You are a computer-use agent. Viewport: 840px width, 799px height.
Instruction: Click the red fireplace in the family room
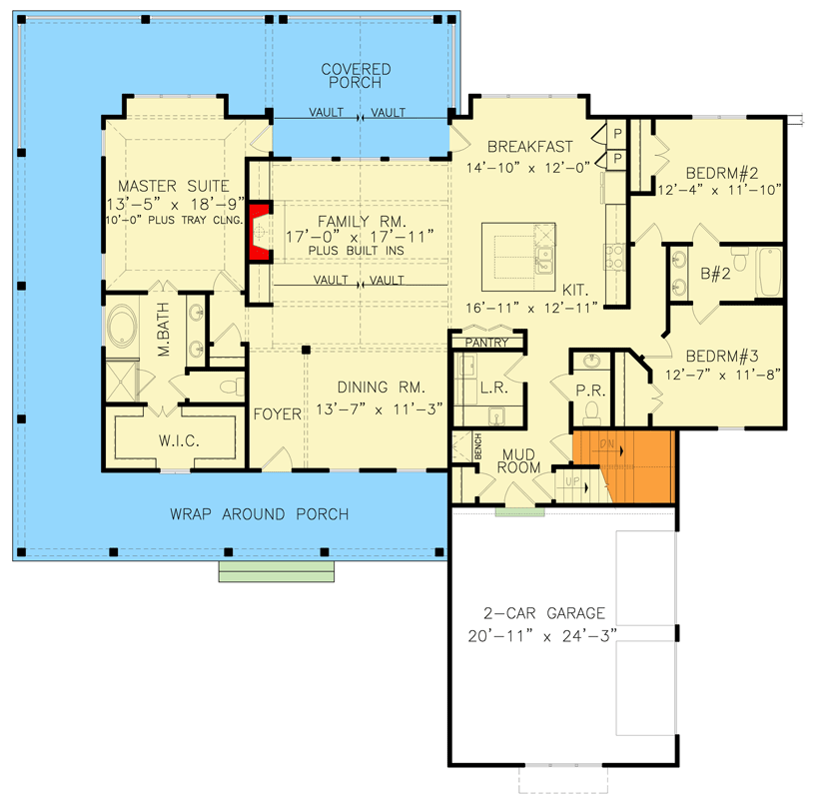259,232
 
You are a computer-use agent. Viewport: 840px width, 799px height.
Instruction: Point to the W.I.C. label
176,438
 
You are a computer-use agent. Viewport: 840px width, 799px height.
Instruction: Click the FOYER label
277,413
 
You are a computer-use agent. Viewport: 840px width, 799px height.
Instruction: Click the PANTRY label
487,343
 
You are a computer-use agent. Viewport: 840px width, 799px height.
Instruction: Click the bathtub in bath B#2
770,272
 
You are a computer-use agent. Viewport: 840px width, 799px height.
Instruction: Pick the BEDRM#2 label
717,170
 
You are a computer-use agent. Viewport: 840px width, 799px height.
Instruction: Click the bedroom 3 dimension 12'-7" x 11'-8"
721,376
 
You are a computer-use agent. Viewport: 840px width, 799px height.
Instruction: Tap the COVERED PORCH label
356,76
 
